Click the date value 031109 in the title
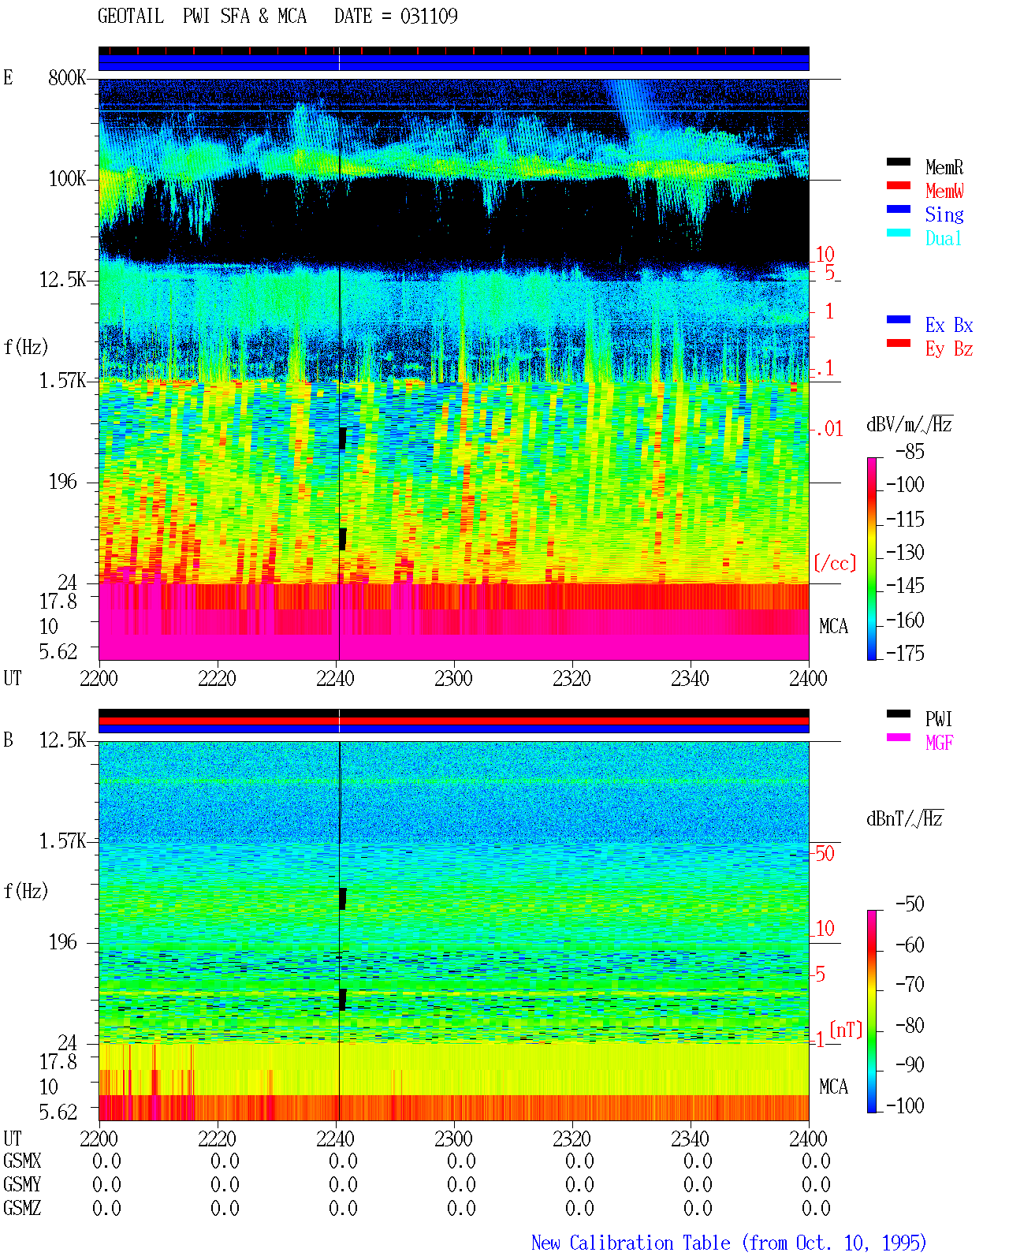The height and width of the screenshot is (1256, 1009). point(428,16)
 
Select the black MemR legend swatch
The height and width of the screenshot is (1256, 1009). point(898,162)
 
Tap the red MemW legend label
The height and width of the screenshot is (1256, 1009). point(944,190)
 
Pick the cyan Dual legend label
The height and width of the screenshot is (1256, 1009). point(943,237)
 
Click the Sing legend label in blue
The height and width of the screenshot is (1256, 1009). point(944,214)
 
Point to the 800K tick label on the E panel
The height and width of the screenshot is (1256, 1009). point(67,77)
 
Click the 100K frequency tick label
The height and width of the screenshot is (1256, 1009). point(67,179)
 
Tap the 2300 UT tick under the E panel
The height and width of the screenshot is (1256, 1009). point(453,678)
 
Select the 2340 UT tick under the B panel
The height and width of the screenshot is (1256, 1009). point(690,1139)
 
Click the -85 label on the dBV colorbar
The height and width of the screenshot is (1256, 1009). point(910,451)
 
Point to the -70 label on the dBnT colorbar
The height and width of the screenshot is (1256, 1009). point(910,985)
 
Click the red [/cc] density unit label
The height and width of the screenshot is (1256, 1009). point(835,563)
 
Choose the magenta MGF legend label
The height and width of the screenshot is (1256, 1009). point(939,743)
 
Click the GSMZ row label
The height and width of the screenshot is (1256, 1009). point(22,1208)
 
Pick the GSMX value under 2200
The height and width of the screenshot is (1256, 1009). point(106,1161)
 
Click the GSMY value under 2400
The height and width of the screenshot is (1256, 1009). point(816,1184)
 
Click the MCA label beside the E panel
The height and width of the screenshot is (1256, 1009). point(833,626)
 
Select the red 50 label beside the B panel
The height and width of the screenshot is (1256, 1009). point(825,853)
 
